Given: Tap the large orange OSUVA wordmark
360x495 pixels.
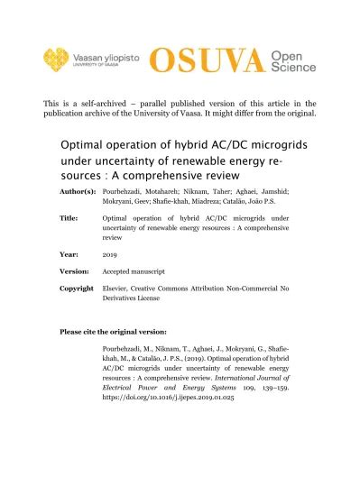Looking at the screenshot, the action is (206, 61).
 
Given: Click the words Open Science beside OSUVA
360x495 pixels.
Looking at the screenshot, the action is (292, 61).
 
